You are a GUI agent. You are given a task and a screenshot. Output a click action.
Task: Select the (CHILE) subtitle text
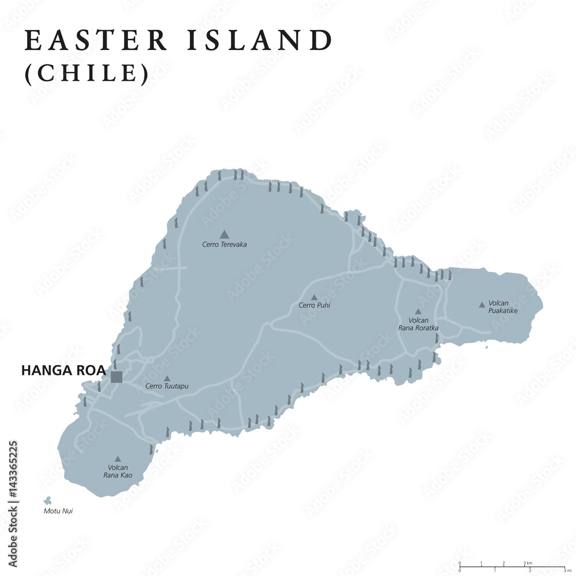[x=86, y=73]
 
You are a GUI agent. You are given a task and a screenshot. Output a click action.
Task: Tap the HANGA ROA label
[x=63, y=371]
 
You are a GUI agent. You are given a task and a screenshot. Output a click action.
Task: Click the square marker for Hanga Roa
[x=116, y=377]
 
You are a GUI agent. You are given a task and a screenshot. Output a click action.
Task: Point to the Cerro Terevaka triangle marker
[x=224, y=234]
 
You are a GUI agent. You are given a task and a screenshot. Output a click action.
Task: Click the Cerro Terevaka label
[x=224, y=245]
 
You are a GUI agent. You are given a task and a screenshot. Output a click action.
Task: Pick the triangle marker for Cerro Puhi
[x=314, y=298]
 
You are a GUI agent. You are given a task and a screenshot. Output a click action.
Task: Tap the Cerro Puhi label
[x=314, y=305]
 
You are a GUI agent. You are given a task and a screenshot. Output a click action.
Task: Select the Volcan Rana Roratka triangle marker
[x=418, y=311]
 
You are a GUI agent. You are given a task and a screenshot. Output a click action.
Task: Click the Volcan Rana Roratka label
[x=418, y=324]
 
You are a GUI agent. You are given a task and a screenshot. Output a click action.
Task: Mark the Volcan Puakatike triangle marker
[x=482, y=305]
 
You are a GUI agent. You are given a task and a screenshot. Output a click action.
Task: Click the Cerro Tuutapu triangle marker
[x=166, y=378]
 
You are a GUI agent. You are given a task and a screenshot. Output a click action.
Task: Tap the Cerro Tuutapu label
[x=166, y=386]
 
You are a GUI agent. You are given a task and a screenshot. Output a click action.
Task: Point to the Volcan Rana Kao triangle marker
[x=118, y=459]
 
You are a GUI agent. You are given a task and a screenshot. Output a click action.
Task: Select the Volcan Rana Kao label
[x=118, y=471]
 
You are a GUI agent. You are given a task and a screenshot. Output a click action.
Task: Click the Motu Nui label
[x=58, y=511]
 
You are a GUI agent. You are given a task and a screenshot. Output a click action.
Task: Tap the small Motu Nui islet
[x=47, y=501]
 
